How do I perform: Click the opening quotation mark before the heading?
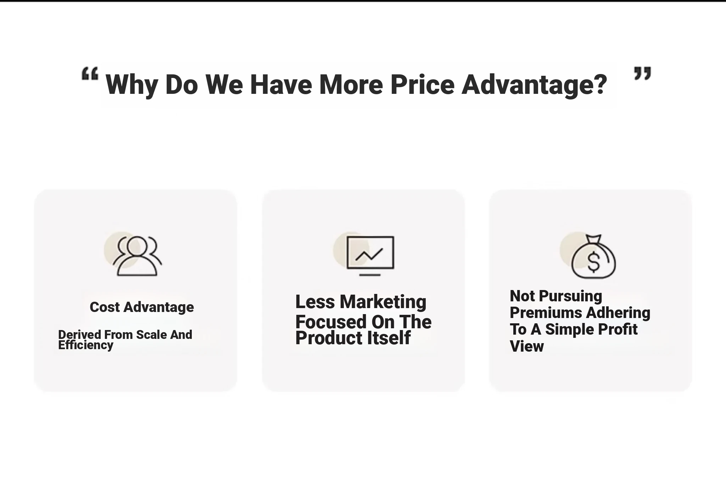click(90, 74)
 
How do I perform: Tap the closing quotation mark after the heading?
click(642, 73)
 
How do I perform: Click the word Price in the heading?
click(423, 85)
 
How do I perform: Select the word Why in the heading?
click(132, 86)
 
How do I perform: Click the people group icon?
click(137, 255)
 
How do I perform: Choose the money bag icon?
click(594, 256)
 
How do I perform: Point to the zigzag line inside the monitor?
click(369, 254)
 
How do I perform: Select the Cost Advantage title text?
click(142, 307)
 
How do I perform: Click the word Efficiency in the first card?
click(86, 345)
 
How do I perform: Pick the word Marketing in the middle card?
click(383, 302)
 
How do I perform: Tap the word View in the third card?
click(527, 346)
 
